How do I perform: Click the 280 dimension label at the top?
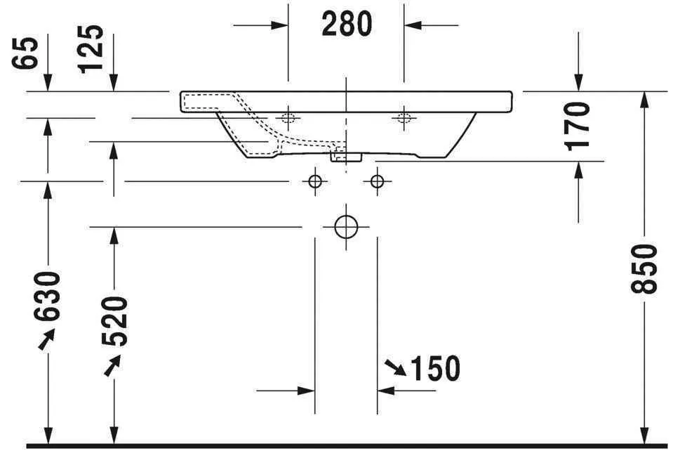347,25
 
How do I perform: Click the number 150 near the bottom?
434,368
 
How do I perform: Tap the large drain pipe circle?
346,226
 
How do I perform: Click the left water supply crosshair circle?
315,182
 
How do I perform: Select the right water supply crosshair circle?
378,182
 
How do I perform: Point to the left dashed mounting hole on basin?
288,117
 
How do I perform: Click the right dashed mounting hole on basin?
404,117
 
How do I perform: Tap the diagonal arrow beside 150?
394,367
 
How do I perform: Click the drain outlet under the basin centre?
345,156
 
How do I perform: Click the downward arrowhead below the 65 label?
47,83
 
